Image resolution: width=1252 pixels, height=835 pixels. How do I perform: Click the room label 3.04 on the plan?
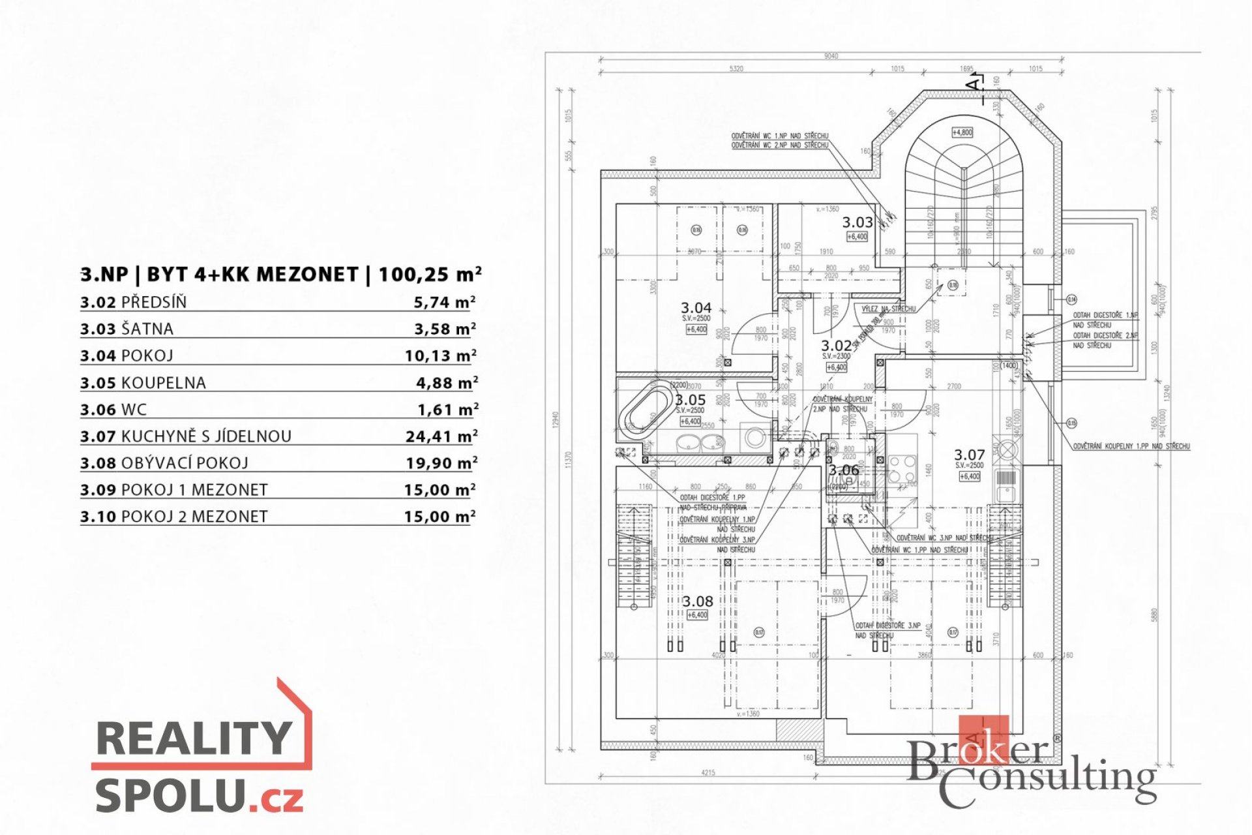click(x=696, y=307)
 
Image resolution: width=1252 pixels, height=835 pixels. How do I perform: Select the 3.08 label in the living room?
click(x=697, y=601)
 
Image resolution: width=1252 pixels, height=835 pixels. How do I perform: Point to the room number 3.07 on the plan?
click(x=969, y=455)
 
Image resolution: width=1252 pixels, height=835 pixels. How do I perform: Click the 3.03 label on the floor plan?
click(x=857, y=222)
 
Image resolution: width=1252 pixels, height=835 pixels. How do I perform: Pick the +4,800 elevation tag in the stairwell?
click(x=962, y=132)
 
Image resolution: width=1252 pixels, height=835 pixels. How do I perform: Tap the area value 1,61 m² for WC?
click(x=447, y=410)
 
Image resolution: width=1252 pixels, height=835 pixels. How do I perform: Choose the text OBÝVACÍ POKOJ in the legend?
click(x=185, y=463)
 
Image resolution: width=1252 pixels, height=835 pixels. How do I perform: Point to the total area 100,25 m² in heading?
click(x=430, y=275)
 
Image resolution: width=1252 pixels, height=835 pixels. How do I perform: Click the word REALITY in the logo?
click(x=194, y=738)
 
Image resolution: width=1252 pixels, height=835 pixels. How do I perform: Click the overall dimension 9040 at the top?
click(x=831, y=56)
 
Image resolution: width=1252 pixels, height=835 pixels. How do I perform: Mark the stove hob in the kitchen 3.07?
click(x=903, y=469)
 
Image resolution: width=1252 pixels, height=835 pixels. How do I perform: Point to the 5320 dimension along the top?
click(x=736, y=68)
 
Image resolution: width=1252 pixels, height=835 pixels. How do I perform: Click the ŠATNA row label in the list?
click(x=147, y=329)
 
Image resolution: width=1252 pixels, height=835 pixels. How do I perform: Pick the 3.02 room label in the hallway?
click(x=836, y=346)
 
